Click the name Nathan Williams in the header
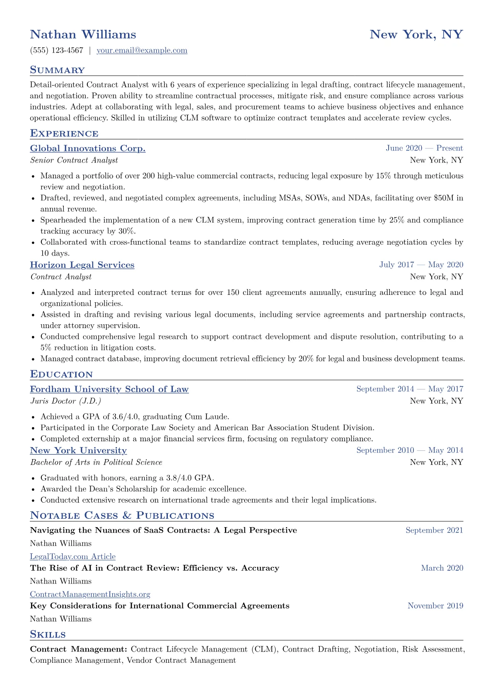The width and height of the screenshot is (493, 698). pos(83,34)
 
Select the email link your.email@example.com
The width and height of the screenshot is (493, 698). pos(142,51)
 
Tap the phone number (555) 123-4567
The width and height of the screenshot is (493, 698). pos(57,51)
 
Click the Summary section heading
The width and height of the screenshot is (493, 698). pos(57,70)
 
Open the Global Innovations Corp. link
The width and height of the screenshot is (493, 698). pos(88,148)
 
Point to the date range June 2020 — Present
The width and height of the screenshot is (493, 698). pos(424,148)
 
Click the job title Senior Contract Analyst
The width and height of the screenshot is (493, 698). pos(74,161)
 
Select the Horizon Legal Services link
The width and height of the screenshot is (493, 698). pos(82,265)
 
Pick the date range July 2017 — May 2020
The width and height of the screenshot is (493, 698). pos(421,265)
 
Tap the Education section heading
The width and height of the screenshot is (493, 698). pos(61,375)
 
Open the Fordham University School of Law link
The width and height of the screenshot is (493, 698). pos(109,389)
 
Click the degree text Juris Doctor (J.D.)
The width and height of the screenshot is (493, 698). pos(65,401)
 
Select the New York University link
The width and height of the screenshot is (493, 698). pos(78,451)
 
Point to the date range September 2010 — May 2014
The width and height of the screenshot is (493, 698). pos(409,450)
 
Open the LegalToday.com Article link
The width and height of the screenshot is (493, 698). pos(72,557)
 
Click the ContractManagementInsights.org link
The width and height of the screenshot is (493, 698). pos(90,594)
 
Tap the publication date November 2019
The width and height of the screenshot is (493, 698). pos(435,606)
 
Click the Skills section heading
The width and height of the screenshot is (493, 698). pos(48,635)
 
